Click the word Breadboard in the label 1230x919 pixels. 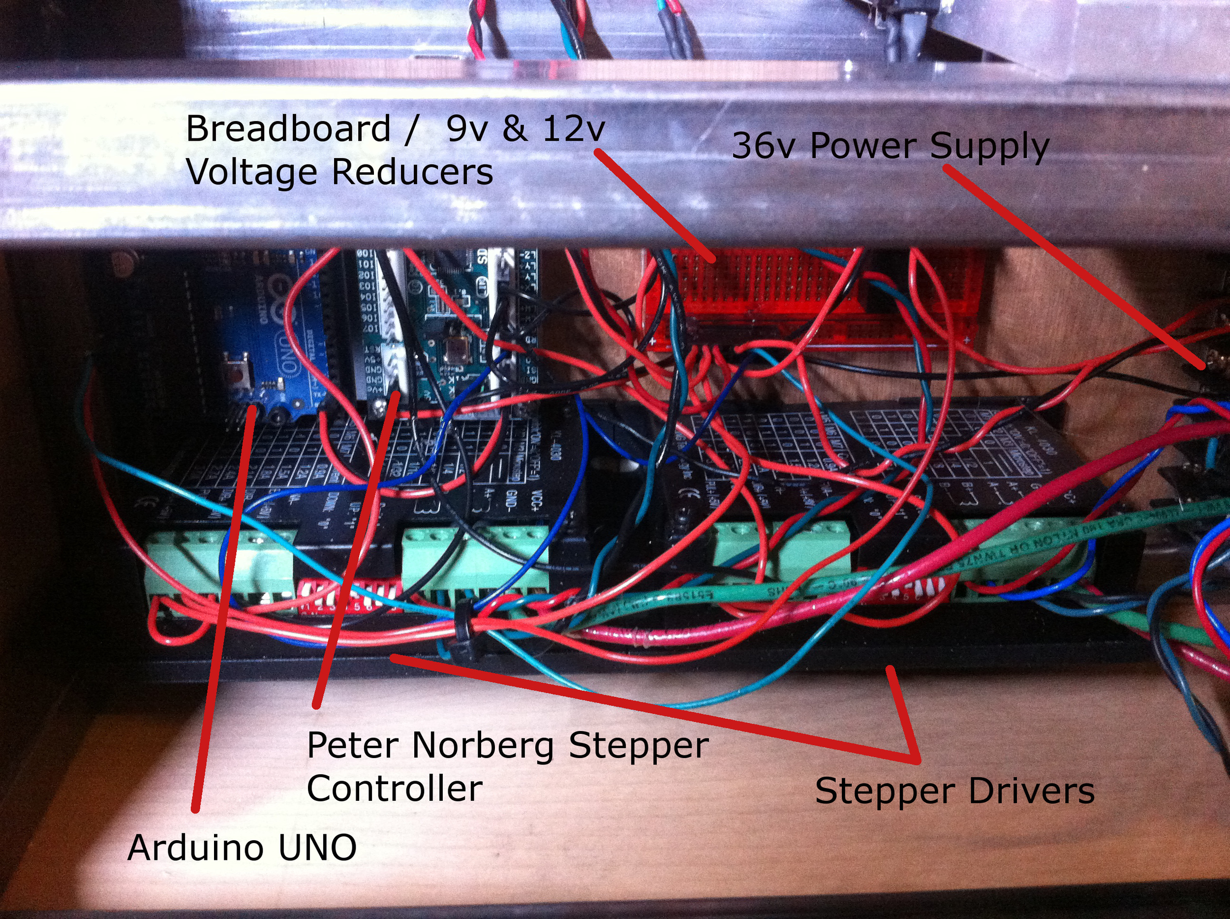tap(288, 129)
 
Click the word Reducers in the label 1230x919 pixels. tap(412, 172)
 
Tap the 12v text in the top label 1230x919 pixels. tap(573, 128)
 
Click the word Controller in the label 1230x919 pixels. tap(394, 790)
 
